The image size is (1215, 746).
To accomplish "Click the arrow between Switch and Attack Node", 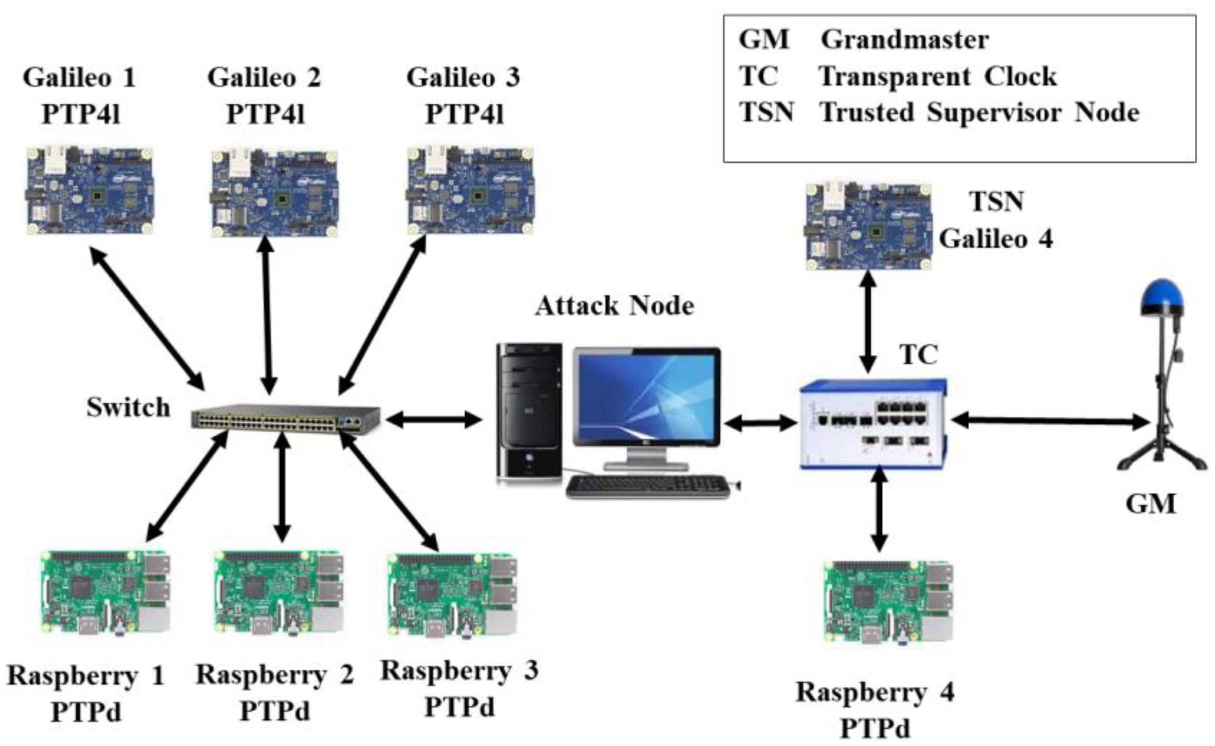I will [433, 420].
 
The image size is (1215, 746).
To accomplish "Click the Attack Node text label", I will [614, 306].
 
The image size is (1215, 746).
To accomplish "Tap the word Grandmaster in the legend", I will [904, 40].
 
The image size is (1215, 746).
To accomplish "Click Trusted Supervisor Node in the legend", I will [979, 113].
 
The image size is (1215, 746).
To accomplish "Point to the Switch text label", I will [128, 407].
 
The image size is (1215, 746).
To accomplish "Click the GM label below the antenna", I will [1150, 505].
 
